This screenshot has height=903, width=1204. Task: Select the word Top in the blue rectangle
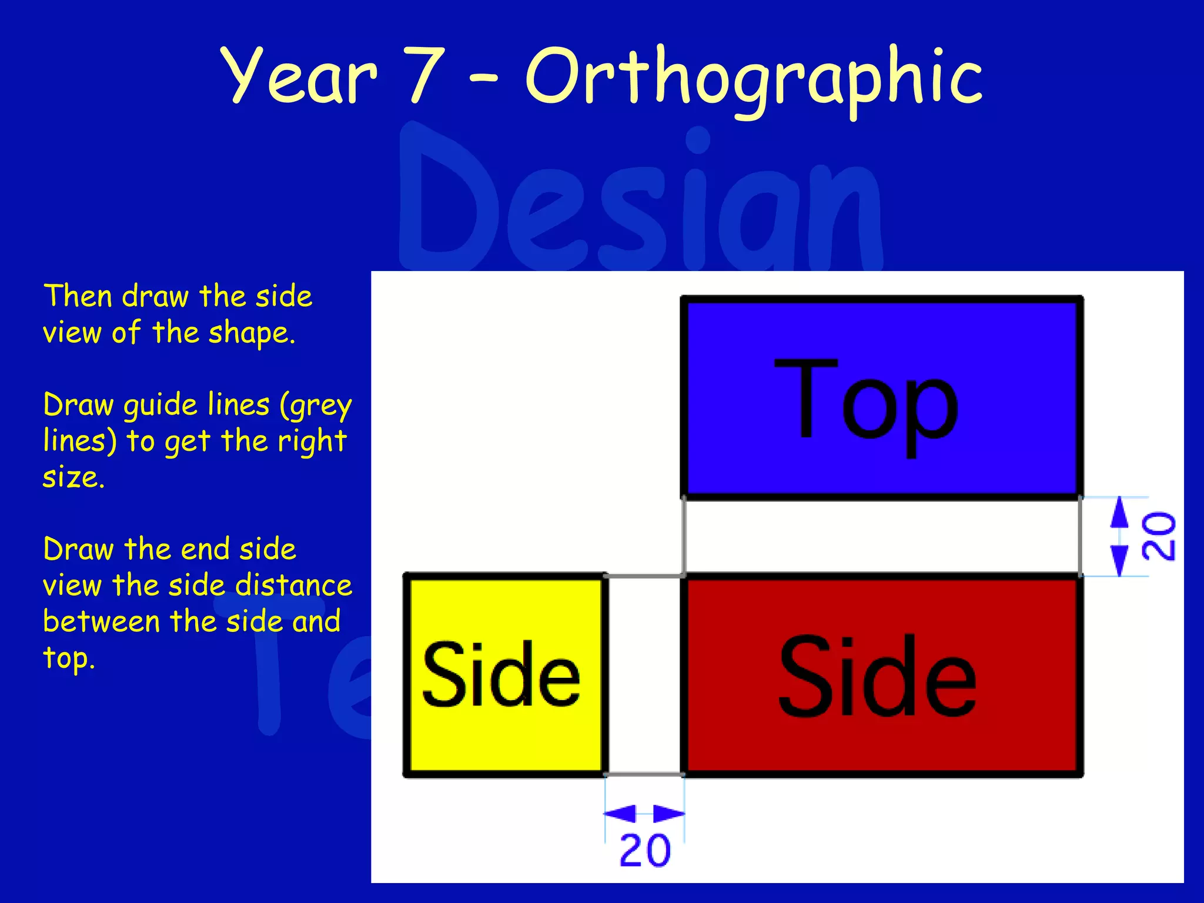pos(865,406)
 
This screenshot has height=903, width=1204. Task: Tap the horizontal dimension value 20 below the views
pos(645,851)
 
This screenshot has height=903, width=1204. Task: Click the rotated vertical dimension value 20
pos(1158,536)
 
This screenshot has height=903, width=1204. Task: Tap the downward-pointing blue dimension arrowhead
pos(1119,560)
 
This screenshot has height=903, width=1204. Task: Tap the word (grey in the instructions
pos(316,406)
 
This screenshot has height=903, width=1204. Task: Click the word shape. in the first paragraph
pos(252,333)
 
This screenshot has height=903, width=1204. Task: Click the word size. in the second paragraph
pos(73,477)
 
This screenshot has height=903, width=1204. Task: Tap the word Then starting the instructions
pos(78,296)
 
